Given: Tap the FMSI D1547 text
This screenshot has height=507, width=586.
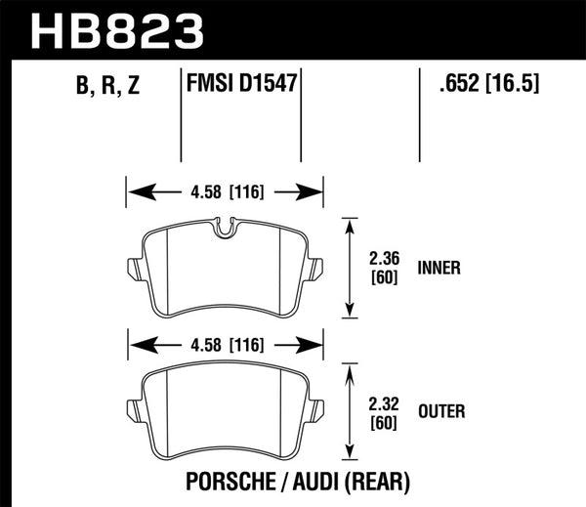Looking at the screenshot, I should pos(240,88).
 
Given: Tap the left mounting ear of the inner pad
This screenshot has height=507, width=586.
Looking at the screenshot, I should pos(134,266).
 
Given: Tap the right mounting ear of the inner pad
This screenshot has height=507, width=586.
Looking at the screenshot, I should pos(316,266).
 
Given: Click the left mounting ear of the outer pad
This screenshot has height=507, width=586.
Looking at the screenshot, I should pos(134,407).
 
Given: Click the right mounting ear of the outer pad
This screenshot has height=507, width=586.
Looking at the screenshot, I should pos(316,407).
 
